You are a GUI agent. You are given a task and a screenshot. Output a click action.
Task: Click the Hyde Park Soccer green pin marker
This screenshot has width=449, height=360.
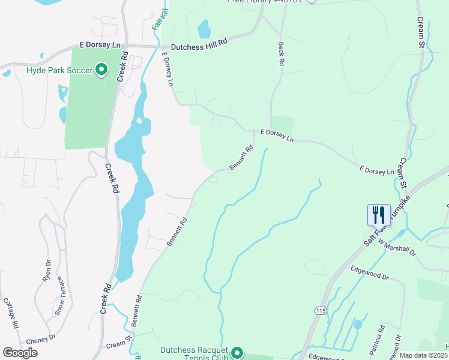tap(101, 70)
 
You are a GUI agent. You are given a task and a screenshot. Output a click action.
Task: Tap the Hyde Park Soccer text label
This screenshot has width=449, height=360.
tap(59, 71)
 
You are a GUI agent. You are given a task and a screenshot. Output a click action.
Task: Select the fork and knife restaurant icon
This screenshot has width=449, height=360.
tap(379, 215)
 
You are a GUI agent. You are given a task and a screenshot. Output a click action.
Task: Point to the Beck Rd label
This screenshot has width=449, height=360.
tap(280, 54)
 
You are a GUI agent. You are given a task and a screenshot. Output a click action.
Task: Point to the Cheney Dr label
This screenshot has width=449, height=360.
tap(41, 338)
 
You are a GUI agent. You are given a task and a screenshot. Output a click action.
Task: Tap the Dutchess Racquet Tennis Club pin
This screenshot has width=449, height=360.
tap(238, 353)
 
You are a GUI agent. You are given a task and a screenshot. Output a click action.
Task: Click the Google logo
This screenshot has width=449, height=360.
tap(20, 353)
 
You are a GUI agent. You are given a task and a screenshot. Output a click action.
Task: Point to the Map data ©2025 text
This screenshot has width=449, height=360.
tap(423, 355)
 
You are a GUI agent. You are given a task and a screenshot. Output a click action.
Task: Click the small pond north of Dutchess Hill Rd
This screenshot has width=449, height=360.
tap(204, 29)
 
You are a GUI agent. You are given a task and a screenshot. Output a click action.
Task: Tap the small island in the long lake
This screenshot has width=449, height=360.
tap(139, 121)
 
